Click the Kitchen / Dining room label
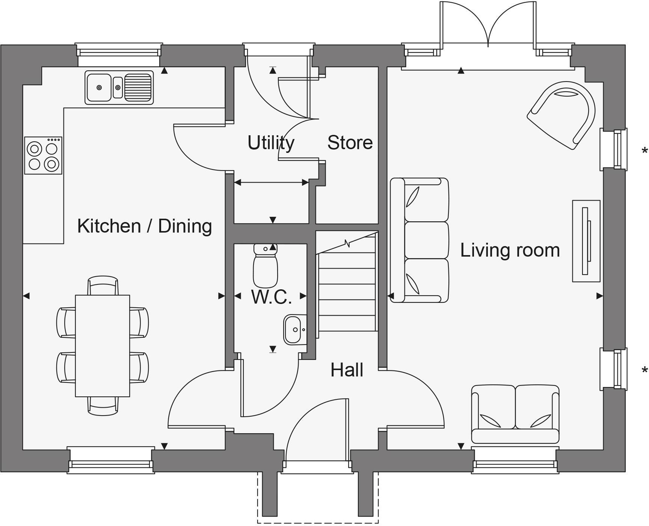145,226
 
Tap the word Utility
271,143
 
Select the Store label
350,143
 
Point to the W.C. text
271,297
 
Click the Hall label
347,370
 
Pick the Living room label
510,250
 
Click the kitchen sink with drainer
119,88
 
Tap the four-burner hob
43,156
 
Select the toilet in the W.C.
266,266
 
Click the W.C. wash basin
293,330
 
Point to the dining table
103,346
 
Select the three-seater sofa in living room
420,240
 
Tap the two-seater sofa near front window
515,414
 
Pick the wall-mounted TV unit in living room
586,241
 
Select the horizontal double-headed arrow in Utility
271,183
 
